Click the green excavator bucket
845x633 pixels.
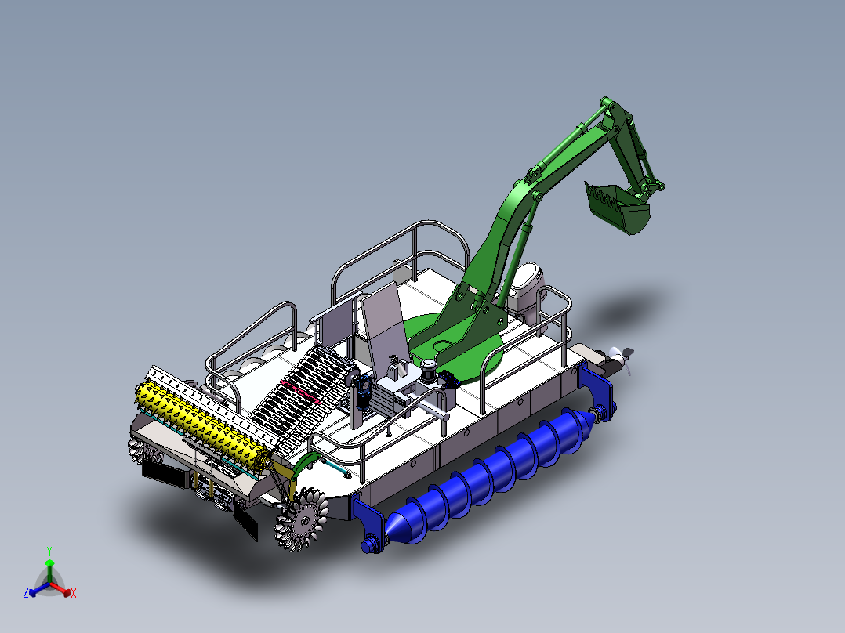pyautogui.click(x=618, y=208)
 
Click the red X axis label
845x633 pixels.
pyautogui.click(x=74, y=593)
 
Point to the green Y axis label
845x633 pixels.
pyautogui.click(x=49, y=551)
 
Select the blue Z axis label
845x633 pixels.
pyautogui.click(x=25, y=593)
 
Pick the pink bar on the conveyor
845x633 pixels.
pyautogui.click(x=299, y=391)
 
